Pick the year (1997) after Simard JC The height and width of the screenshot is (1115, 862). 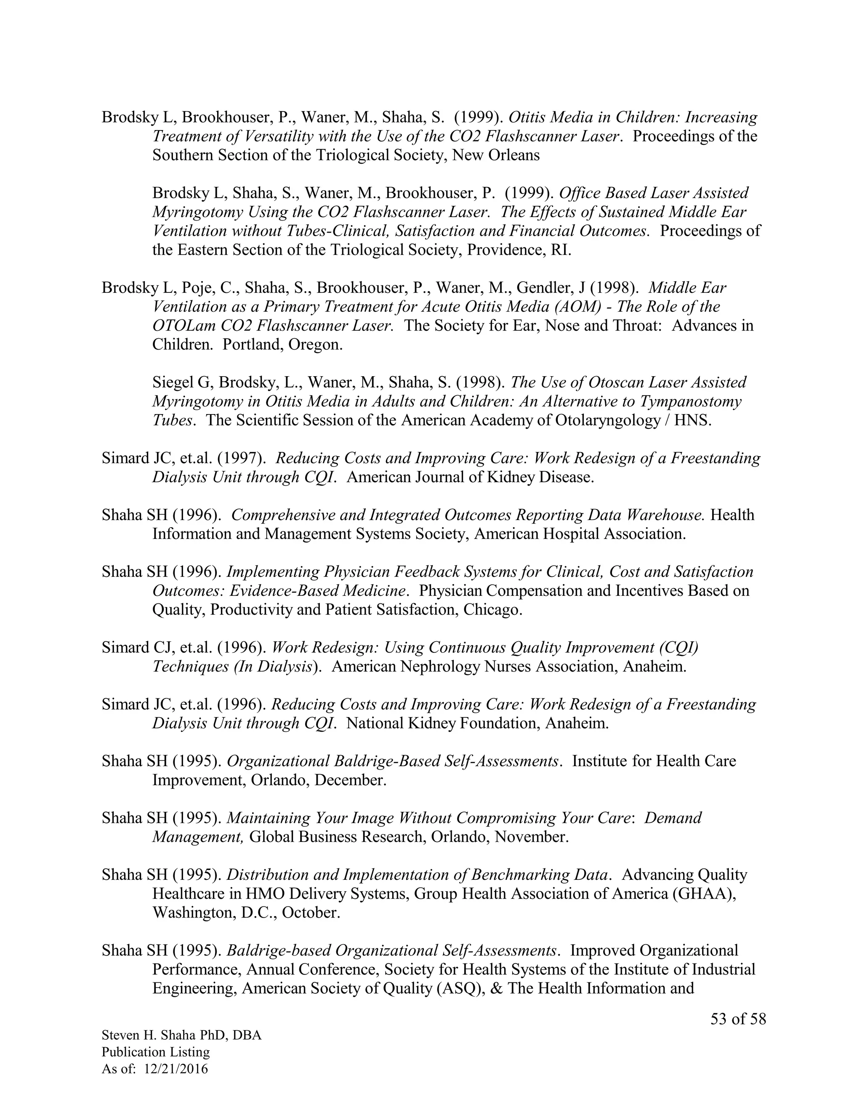coord(242,459)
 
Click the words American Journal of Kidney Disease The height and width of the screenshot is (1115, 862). coord(470,478)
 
